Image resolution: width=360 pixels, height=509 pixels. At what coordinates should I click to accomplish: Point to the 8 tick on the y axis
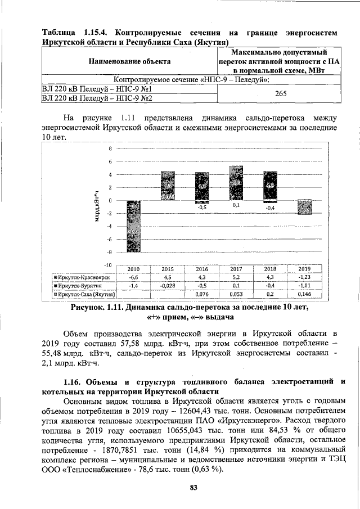click(111, 149)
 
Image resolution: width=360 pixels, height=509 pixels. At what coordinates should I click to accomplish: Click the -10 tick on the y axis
click(109, 264)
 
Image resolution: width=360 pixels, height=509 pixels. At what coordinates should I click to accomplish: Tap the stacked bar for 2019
click(304, 207)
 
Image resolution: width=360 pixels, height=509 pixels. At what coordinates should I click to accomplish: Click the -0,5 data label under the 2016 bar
click(201, 208)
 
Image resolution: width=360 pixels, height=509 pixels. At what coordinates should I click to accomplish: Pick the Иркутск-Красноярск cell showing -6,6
click(134, 277)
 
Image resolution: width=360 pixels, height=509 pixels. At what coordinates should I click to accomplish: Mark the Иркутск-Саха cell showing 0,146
click(304, 294)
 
